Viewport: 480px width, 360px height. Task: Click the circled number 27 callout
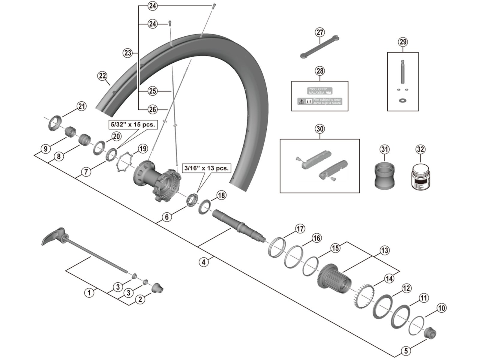[x=320, y=32]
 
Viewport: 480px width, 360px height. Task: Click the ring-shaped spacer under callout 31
[x=384, y=175]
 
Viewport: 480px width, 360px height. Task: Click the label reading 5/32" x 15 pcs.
[x=133, y=124]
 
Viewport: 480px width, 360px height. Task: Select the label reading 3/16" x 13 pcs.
[x=206, y=168]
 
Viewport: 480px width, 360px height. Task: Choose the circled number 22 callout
[x=103, y=76]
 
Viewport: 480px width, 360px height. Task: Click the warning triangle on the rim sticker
[x=301, y=102]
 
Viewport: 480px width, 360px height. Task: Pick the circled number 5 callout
[x=406, y=350]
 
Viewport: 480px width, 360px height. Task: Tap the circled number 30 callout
[x=320, y=129]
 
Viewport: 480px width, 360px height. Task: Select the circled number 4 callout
[x=203, y=262]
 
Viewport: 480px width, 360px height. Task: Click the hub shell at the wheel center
[x=156, y=180]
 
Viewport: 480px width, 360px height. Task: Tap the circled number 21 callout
[x=81, y=106]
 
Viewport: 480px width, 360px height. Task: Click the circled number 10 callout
[x=442, y=308]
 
